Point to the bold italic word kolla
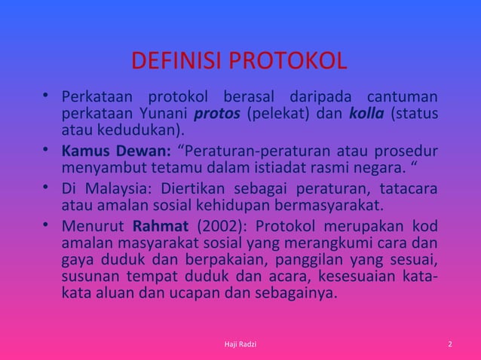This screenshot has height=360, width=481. coord(365,115)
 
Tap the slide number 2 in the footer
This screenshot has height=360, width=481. coord(449,344)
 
